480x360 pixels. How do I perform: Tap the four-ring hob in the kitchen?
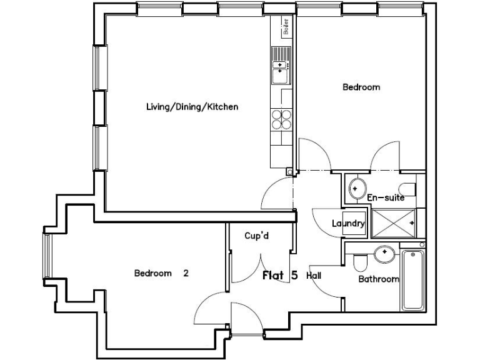281,118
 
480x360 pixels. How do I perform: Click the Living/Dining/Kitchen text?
192,107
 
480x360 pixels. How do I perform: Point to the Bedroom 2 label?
161,273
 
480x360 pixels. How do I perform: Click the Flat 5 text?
281,275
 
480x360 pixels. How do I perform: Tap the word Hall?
314,275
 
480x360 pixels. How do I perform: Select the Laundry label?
348,223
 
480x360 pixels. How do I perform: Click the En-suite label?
386,197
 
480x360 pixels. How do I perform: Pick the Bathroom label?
378,279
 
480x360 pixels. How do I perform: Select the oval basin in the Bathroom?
384,254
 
